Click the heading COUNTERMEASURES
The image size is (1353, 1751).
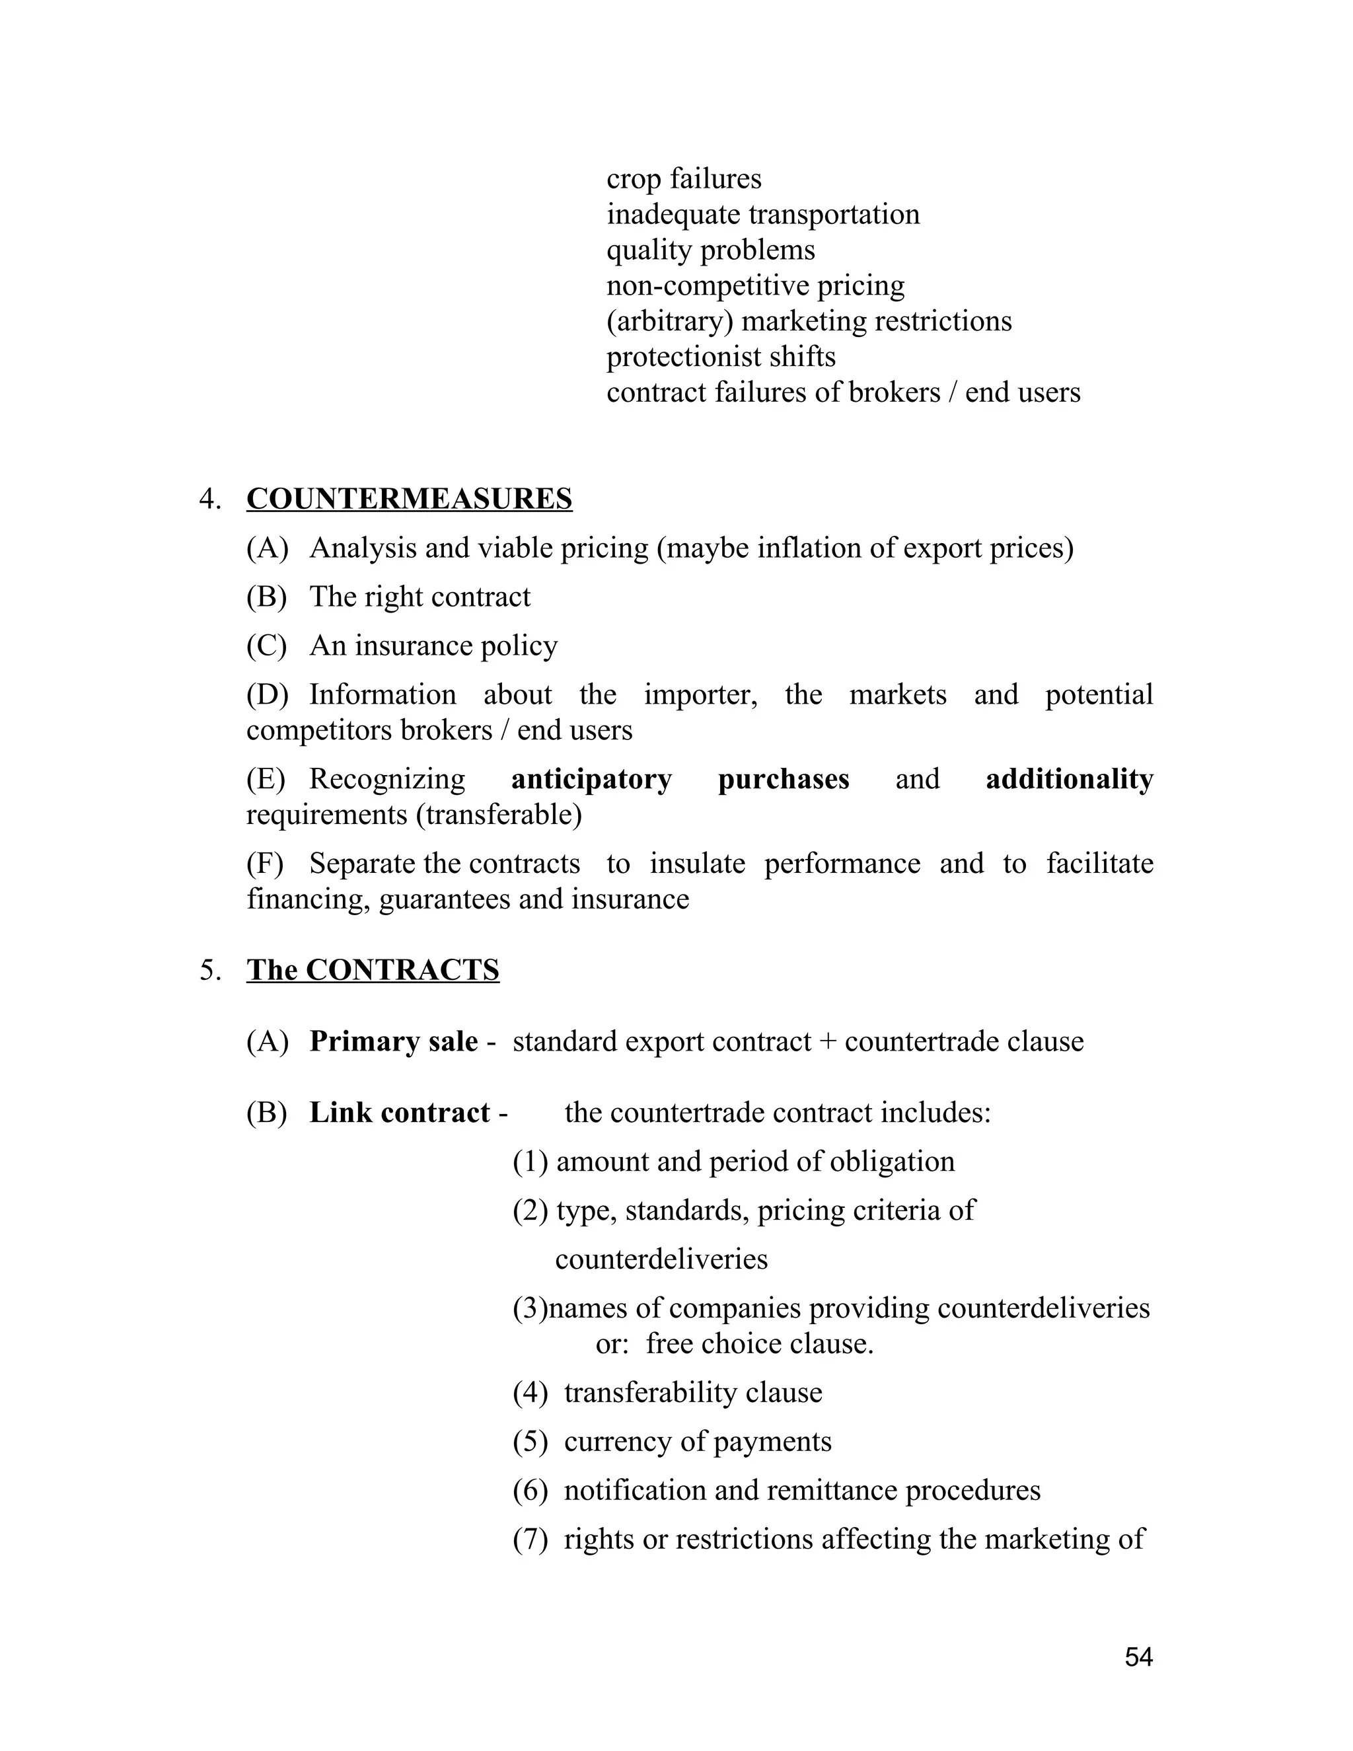coord(409,499)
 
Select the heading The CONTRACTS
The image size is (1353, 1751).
coord(373,970)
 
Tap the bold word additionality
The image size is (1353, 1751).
coord(1070,779)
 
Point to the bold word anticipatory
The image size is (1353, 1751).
coord(591,779)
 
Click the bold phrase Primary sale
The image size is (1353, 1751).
coord(394,1041)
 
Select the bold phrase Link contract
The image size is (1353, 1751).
coord(399,1113)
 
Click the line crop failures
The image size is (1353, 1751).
coord(684,179)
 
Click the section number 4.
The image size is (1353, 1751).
coord(210,500)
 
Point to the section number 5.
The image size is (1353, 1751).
coord(210,971)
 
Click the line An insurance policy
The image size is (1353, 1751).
coord(433,646)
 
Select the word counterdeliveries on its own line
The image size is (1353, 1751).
coord(661,1259)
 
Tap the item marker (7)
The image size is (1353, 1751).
coord(530,1540)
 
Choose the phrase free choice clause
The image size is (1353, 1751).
coord(759,1344)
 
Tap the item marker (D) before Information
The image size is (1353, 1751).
coord(267,695)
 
